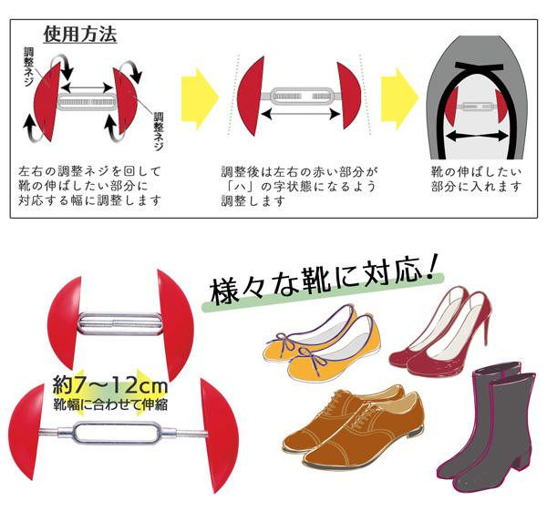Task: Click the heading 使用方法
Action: [80, 35]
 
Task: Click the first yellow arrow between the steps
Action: [199, 99]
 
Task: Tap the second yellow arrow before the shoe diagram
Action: [399, 99]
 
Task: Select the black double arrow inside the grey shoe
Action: [477, 136]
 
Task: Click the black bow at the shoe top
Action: [480, 66]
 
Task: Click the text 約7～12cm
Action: [110, 386]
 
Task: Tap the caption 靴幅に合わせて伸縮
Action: [110, 404]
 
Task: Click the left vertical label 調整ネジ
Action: [29, 66]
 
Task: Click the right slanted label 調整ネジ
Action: [159, 131]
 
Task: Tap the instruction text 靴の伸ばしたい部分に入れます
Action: [476, 179]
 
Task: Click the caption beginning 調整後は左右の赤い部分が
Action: [299, 187]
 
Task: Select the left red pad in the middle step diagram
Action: [250, 97]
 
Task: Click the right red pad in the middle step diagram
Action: [349, 96]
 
